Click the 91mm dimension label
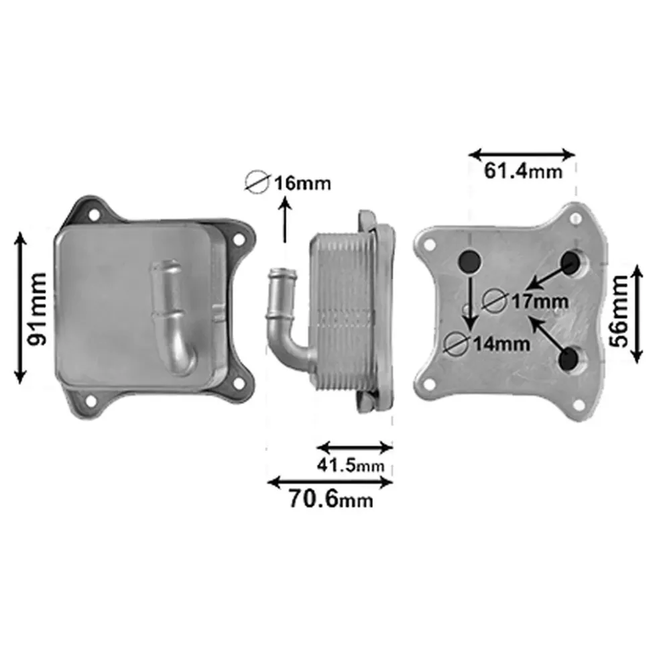click(36, 309)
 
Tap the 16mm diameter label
click(302, 183)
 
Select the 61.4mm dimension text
click(523, 171)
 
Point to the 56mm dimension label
click(619, 311)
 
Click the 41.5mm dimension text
click(351, 465)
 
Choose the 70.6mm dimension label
click(331, 500)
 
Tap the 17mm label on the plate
click(540, 301)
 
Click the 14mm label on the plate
click(501, 344)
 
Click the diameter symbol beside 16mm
click(257, 182)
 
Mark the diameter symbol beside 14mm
click(457, 343)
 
